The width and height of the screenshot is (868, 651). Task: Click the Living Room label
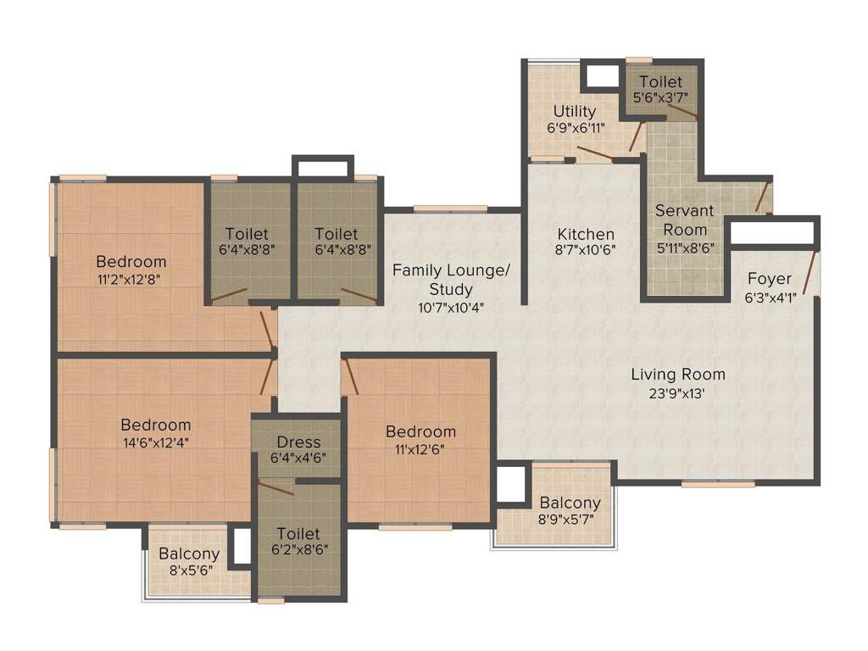pos(677,374)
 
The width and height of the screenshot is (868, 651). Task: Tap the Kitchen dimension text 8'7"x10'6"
pos(585,249)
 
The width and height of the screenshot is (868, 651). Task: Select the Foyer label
pos(769,279)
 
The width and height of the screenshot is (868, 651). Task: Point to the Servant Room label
pos(684,220)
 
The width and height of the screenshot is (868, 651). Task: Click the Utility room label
pos(575,111)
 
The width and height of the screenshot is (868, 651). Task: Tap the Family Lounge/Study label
pos(451,280)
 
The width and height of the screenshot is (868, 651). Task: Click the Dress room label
pos(298,442)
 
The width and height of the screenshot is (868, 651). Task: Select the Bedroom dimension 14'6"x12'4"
pos(155,441)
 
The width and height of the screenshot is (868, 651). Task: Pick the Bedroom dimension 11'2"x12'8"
pos(131,277)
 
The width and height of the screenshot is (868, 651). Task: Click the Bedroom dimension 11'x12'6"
pos(420,448)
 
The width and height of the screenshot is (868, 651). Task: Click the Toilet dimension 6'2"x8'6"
pos(298,548)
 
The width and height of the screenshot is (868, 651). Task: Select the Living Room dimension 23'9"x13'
pos(677,392)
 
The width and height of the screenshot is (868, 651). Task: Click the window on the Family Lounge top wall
pos(450,209)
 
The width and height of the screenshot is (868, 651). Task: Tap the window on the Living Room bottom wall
pos(718,483)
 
